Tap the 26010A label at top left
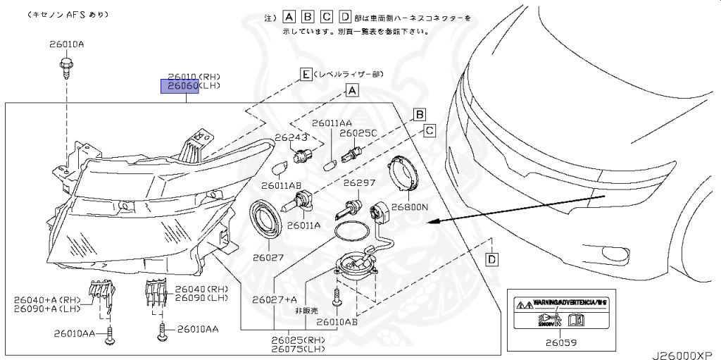tap(66, 44)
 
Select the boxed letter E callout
tap(306, 74)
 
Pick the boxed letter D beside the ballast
tap(492, 260)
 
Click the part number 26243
tap(291, 137)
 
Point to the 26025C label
tap(358, 132)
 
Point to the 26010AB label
tap(337, 322)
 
